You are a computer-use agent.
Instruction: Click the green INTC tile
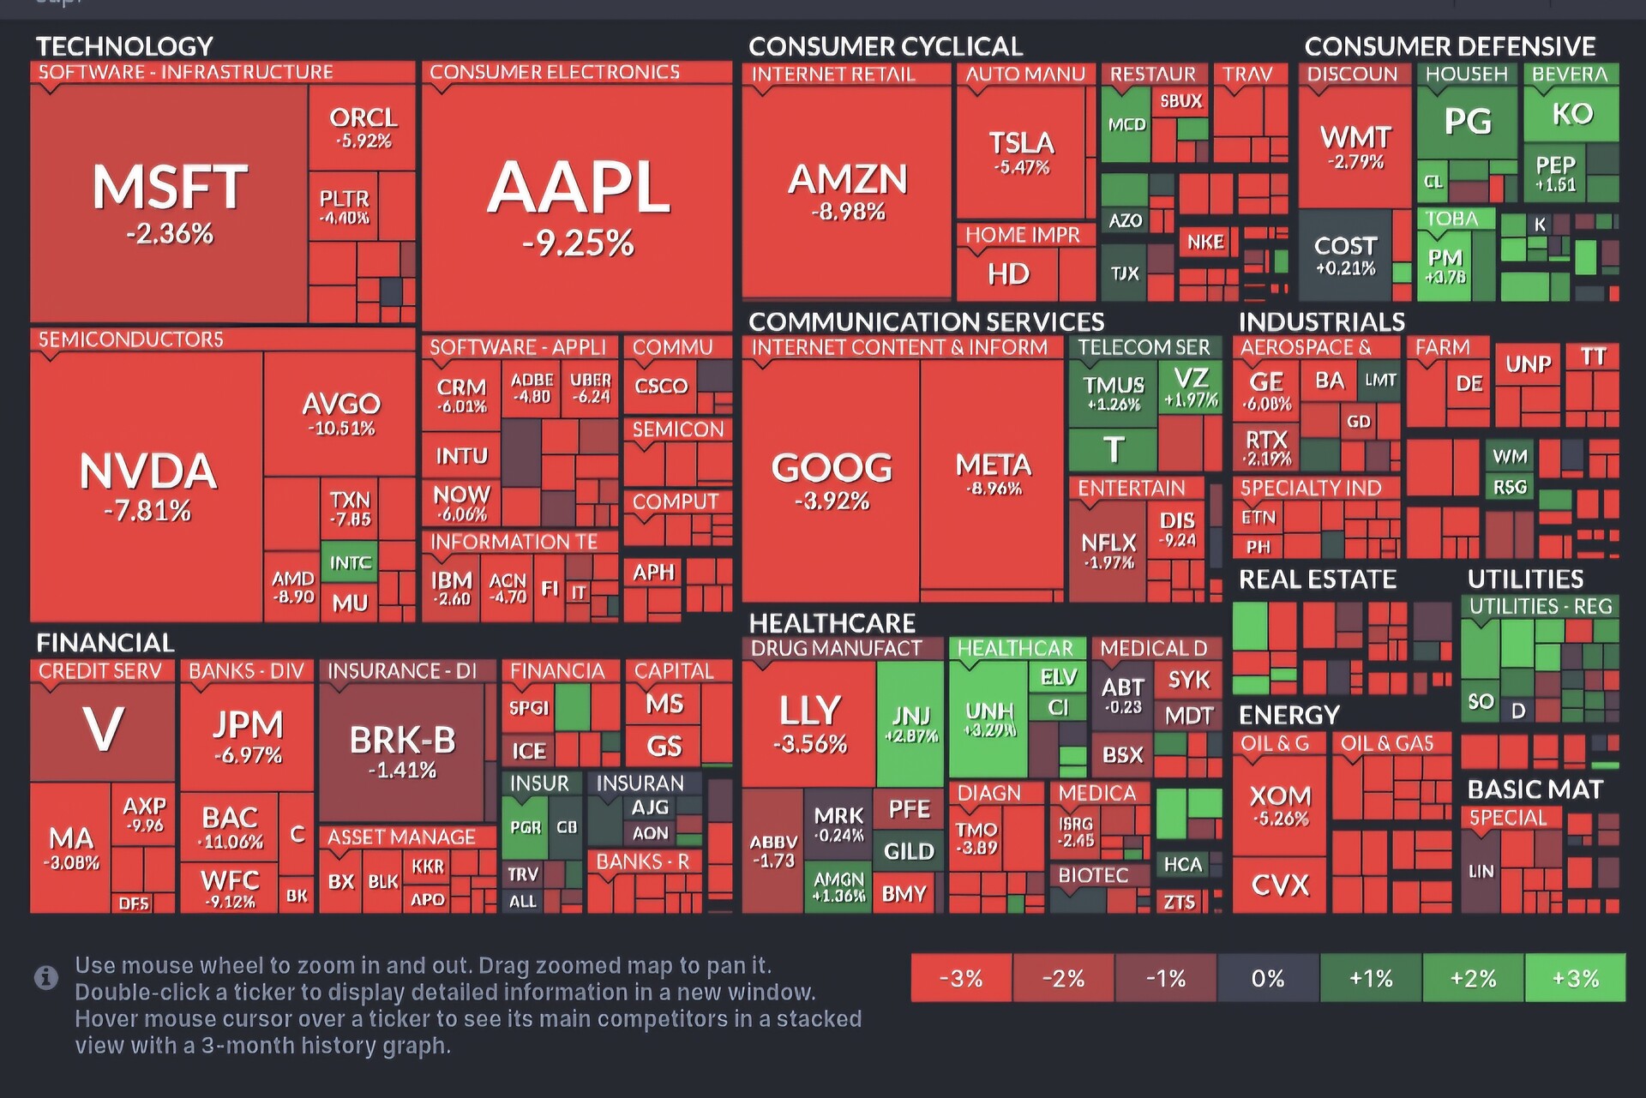click(349, 562)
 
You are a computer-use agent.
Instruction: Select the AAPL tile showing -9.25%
click(578, 206)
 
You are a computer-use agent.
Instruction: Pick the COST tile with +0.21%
click(1344, 255)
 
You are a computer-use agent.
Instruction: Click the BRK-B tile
click(402, 751)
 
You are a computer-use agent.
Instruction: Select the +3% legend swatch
click(1575, 978)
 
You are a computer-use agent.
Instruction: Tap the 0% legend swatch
click(1268, 978)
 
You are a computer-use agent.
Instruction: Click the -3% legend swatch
click(961, 978)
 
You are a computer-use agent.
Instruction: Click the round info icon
click(46, 977)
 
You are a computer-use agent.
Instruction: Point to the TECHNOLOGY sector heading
click(124, 46)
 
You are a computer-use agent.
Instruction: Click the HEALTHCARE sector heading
click(832, 623)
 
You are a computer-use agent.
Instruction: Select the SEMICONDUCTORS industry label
click(130, 340)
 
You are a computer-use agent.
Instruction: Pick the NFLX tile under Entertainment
click(1108, 549)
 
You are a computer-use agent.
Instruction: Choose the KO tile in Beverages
click(1571, 114)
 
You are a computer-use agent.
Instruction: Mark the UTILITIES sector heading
click(1525, 579)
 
